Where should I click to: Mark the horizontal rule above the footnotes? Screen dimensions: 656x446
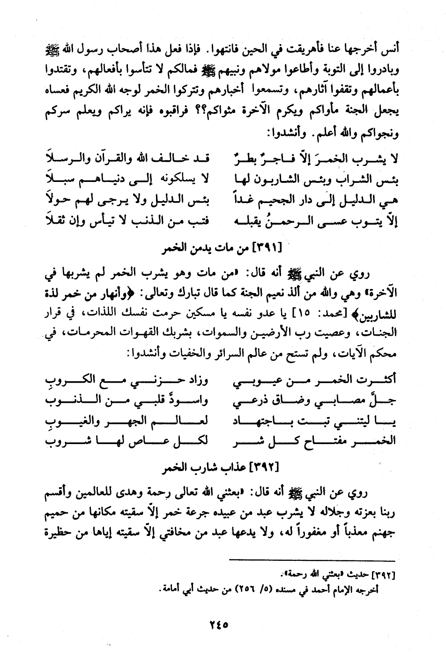pos(312,561)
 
